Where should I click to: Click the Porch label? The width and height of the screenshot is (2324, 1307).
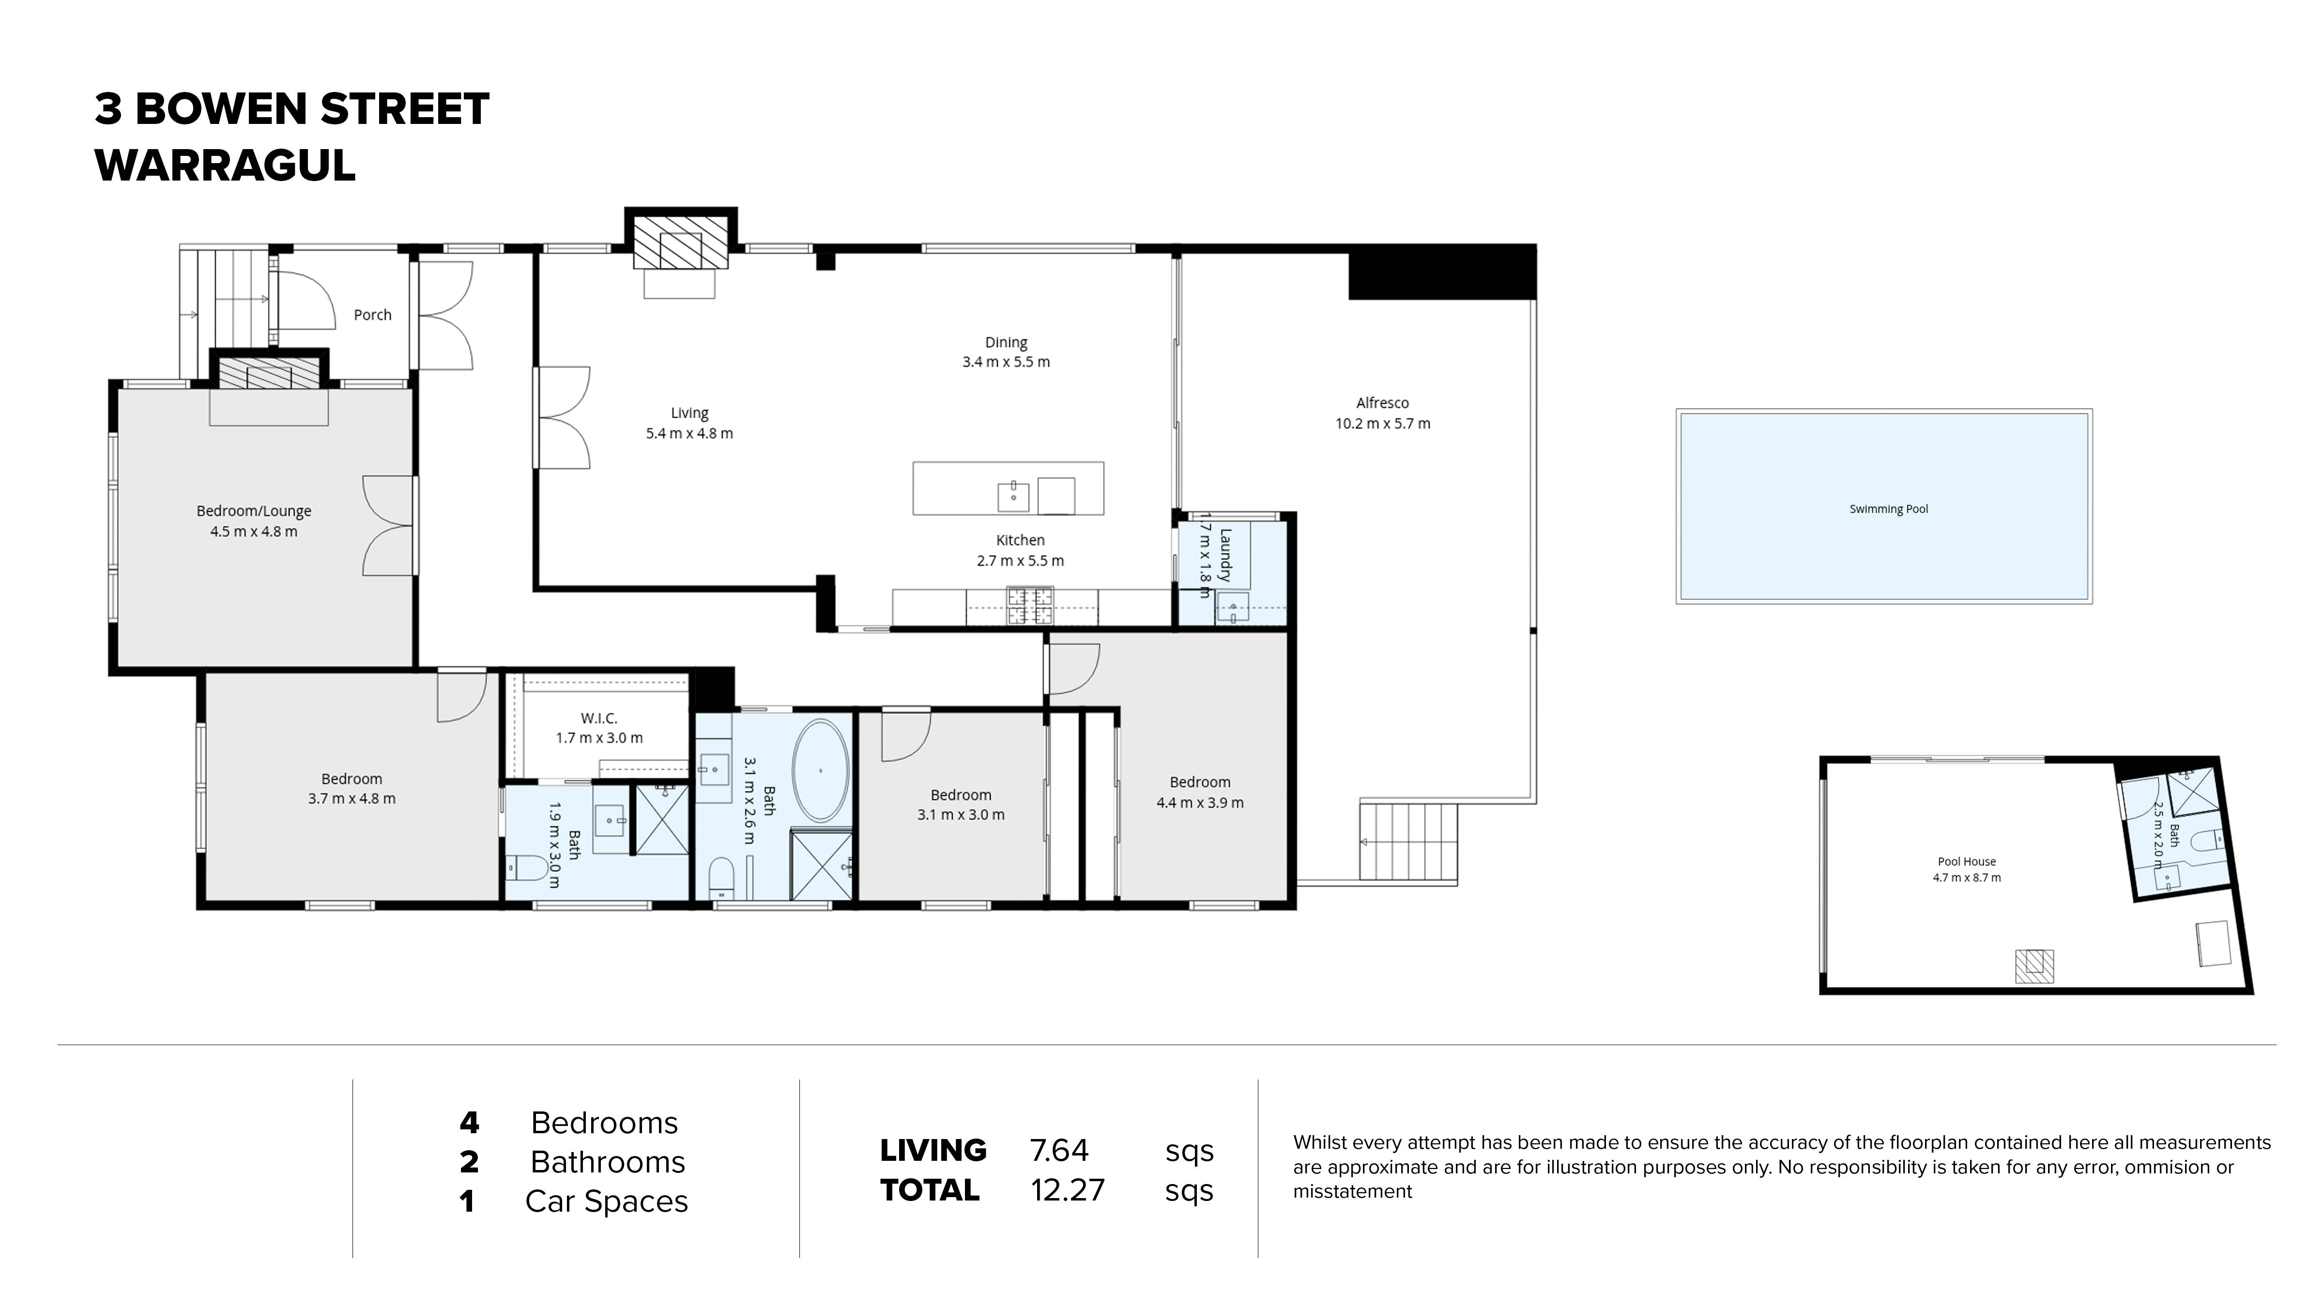pyautogui.click(x=372, y=315)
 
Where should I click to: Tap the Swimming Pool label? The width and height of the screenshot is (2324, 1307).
pyautogui.click(x=1888, y=509)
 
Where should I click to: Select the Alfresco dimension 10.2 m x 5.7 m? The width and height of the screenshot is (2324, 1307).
pyautogui.click(x=1382, y=423)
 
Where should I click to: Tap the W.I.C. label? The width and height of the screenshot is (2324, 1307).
pyautogui.click(x=599, y=718)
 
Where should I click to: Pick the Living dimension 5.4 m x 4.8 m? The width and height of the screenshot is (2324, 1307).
pyautogui.click(x=689, y=433)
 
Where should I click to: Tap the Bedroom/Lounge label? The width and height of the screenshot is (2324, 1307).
pyautogui.click(x=254, y=511)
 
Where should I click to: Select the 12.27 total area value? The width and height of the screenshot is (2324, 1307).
pyautogui.click(x=1067, y=1190)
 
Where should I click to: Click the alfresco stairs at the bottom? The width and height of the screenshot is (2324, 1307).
pyautogui.click(x=1408, y=842)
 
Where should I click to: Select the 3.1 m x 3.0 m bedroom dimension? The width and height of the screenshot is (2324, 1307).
pyautogui.click(x=961, y=815)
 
